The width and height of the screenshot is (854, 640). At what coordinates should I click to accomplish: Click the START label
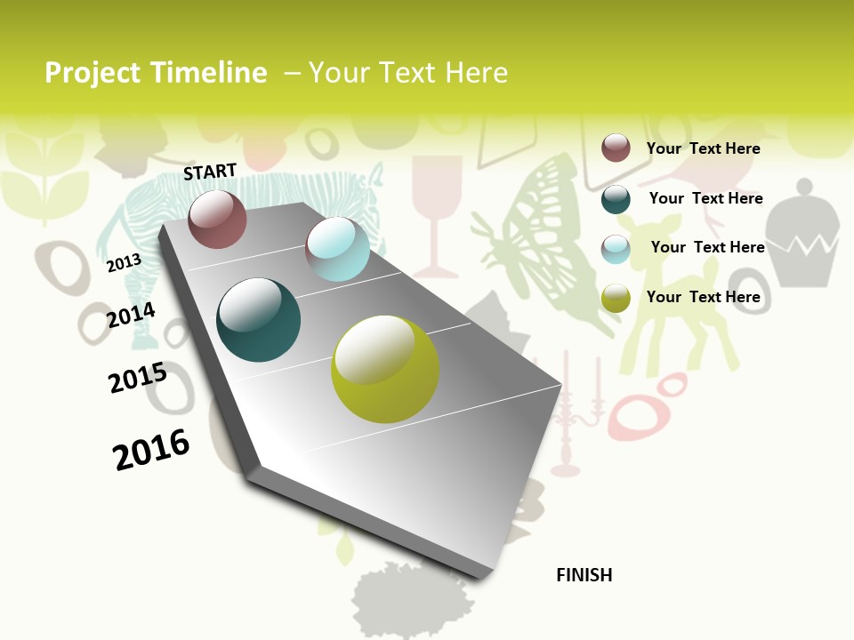(210, 172)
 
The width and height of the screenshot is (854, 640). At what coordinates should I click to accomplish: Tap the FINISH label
(584, 575)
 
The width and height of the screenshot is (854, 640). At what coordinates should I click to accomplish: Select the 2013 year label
(124, 263)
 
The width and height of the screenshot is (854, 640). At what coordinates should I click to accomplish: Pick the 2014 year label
(131, 316)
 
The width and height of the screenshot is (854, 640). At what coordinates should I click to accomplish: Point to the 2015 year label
(138, 378)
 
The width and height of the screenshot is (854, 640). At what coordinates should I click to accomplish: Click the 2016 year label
(151, 450)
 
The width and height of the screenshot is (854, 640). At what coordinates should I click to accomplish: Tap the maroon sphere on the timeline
(217, 220)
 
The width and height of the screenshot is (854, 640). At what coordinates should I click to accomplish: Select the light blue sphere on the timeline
(337, 249)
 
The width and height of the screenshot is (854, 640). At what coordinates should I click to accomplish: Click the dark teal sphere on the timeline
(258, 320)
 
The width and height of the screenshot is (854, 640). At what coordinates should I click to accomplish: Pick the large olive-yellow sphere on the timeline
(385, 369)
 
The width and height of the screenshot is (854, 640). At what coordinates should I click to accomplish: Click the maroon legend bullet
(616, 148)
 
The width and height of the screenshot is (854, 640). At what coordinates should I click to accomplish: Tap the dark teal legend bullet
(616, 199)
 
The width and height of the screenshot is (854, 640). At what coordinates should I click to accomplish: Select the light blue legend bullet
(616, 249)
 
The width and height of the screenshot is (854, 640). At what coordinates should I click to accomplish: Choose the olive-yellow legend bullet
(616, 298)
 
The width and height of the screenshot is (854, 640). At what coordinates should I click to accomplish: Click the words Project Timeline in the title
(156, 73)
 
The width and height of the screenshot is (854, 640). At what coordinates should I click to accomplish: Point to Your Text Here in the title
(407, 73)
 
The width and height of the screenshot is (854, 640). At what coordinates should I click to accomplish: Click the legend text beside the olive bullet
(703, 297)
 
